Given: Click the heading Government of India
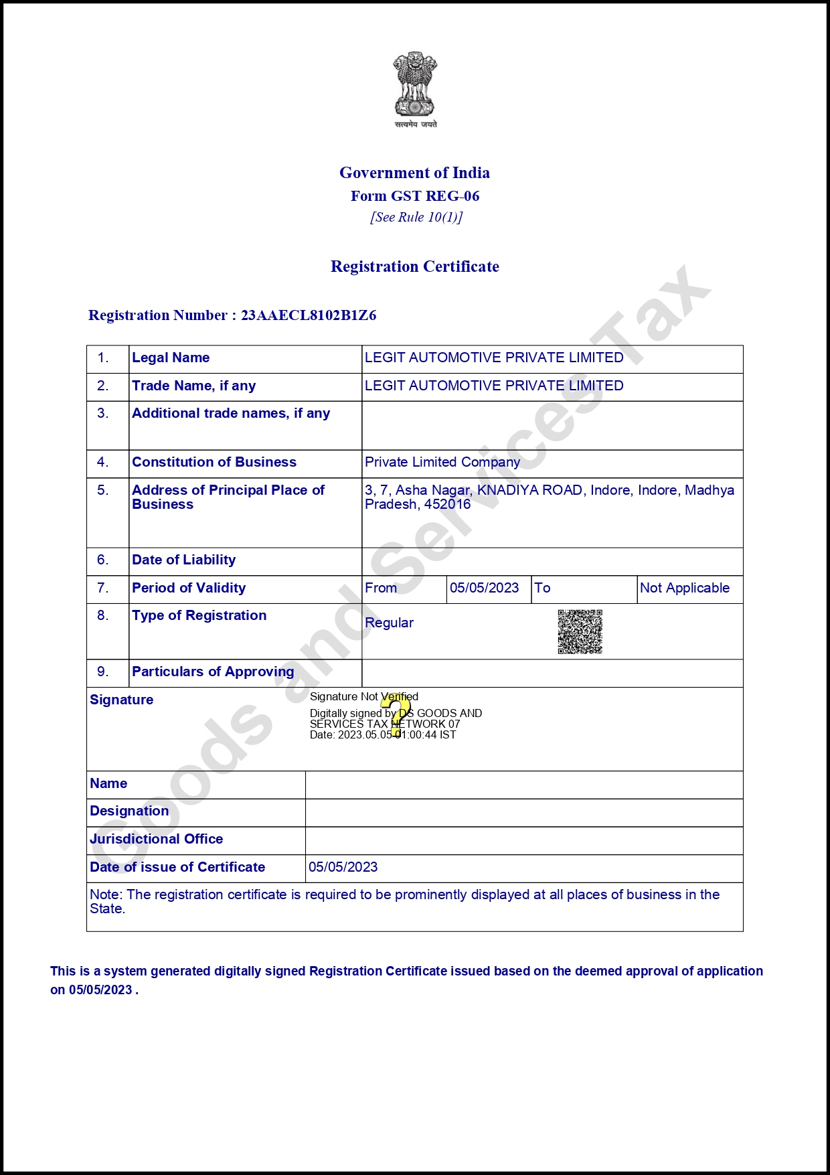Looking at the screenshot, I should (x=414, y=173).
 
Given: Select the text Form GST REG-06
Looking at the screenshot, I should (x=415, y=196).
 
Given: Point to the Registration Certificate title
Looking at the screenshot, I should (x=415, y=266).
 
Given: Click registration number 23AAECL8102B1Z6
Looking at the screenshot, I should (x=309, y=315).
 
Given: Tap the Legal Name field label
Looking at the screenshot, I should (x=171, y=358).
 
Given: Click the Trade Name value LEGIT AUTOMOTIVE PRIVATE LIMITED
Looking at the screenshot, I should (x=494, y=386).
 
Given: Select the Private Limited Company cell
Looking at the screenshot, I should (x=442, y=463).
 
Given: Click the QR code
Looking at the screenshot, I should (x=580, y=631).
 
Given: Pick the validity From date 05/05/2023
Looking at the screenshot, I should (x=485, y=588).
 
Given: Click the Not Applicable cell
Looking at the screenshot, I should (x=685, y=588).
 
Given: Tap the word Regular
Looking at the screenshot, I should (x=389, y=623).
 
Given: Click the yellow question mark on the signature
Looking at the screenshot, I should (x=396, y=715).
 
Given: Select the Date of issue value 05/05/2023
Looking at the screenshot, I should (x=343, y=867).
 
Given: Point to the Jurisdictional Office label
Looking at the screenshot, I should (x=157, y=839).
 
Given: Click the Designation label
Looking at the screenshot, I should (x=129, y=811).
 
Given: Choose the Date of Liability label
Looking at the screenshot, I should (x=184, y=560).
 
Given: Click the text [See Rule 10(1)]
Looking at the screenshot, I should (x=416, y=217).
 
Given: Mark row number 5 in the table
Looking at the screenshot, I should (x=102, y=490).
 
